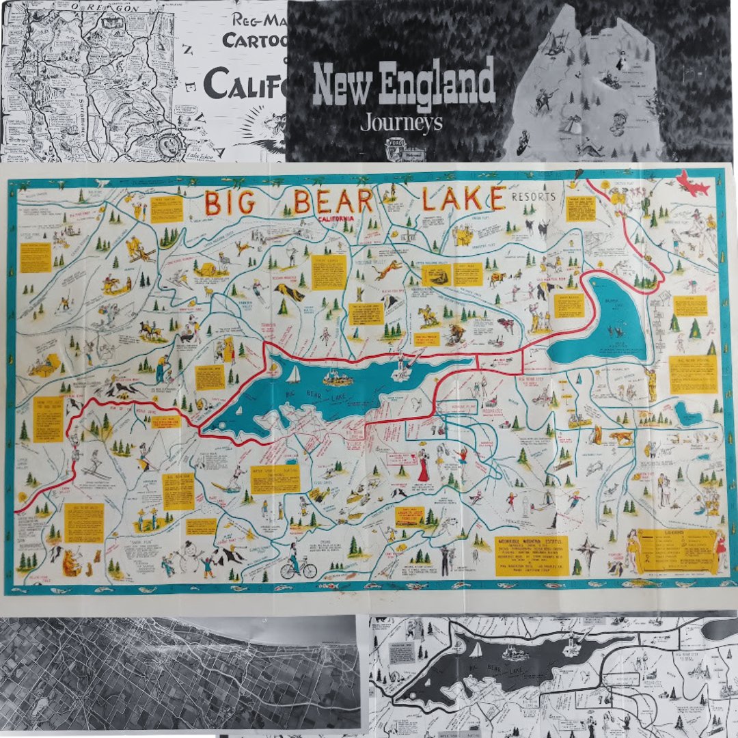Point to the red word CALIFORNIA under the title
click(x=336, y=218)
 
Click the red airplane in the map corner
click(x=692, y=184)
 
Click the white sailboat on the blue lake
click(x=294, y=374)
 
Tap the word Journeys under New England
click(x=402, y=123)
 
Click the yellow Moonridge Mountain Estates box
click(x=532, y=555)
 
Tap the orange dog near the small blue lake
click(x=622, y=438)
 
